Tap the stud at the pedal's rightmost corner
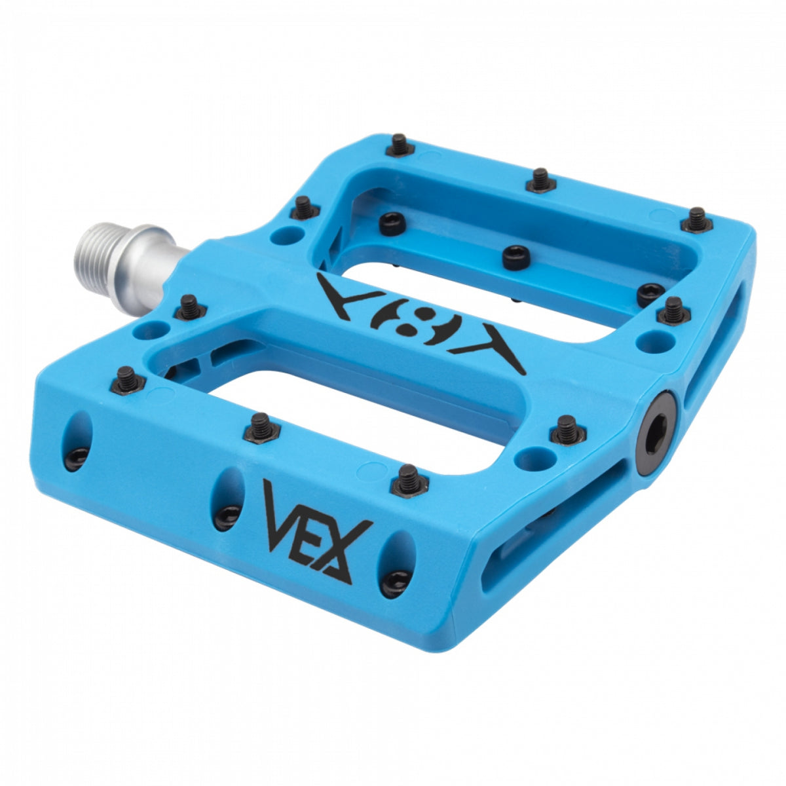coord(698,219)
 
